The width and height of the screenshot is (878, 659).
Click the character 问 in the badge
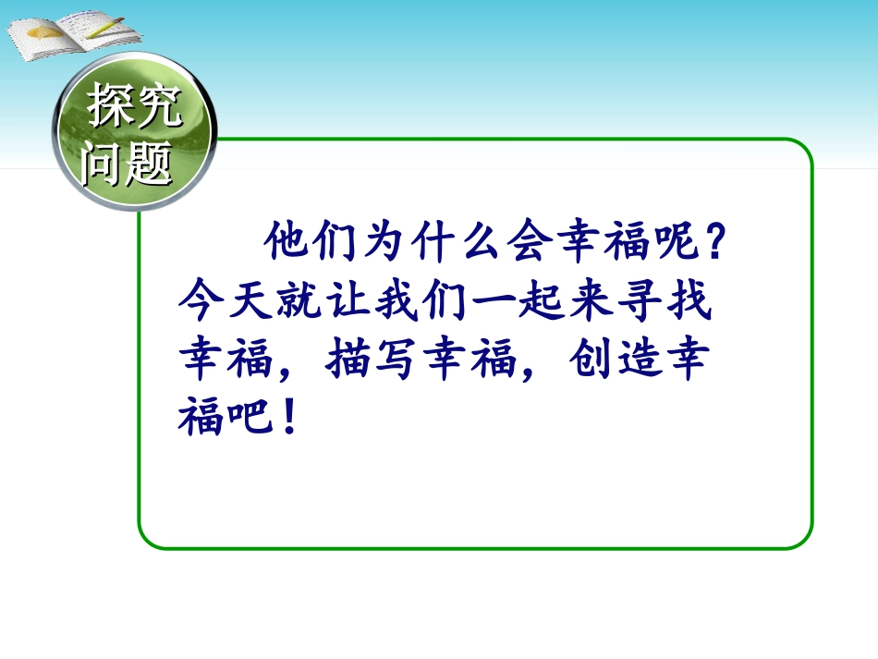click(104, 163)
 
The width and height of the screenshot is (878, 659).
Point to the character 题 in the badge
click(148, 164)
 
